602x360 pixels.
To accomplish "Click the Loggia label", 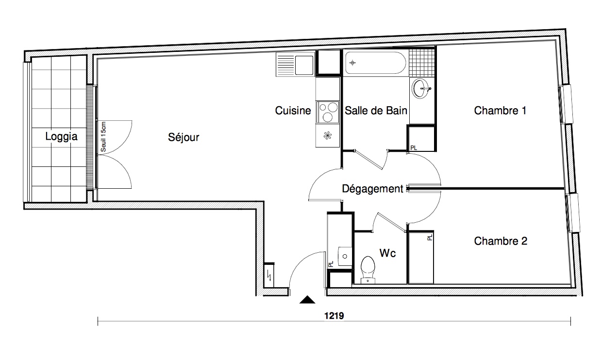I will [x=61, y=136].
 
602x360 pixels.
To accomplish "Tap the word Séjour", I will [x=184, y=138].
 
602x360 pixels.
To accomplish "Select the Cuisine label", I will [x=293, y=111].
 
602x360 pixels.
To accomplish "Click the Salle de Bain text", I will [x=376, y=111].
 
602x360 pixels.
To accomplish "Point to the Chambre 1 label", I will [x=500, y=111].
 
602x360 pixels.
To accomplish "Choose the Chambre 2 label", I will [x=501, y=241].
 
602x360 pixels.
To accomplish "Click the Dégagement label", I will [x=372, y=189].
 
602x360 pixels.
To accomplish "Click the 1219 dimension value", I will [x=334, y=315].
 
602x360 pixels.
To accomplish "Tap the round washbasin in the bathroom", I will [x=421, y=89].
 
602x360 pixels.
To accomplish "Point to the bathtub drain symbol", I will [x=352, y=63].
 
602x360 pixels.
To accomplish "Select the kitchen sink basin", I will [x=304, y=64].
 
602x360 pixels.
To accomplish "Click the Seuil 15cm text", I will [x=103, y=137].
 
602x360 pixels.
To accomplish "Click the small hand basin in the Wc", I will [x=345, y=256].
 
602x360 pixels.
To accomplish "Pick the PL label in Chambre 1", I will [x=413, y=147].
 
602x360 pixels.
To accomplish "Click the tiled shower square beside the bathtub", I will [x=420, y=61].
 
